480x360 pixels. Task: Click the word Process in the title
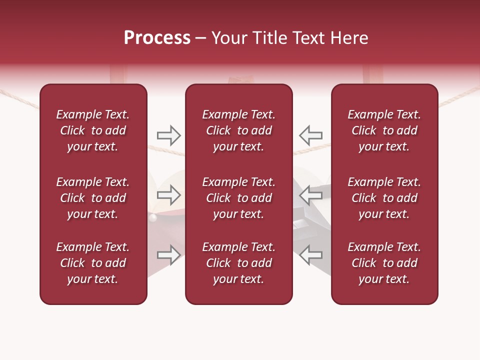[x=157, y=38]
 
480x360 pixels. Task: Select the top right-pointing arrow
[x=169, y=135]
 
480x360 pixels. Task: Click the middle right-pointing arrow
[x=169, y=195]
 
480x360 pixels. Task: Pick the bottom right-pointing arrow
[x=169, y=255]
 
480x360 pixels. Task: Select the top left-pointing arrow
[x=310, y=135]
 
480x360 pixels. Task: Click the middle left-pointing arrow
[x=310, y=195]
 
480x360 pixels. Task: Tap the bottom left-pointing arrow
[x=310, y=255]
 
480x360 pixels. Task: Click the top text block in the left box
[x=93, y=130]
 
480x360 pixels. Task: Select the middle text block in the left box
[x=93, y=198]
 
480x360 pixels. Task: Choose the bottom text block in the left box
[x=93, y=263]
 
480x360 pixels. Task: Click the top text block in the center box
[x=238, y=130]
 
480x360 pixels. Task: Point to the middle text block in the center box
[x=238, y=198]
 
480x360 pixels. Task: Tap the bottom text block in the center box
[x=238, y=263]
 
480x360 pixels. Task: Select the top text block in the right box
[x=384, y=130]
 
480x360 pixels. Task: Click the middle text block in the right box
[x=384, y=198]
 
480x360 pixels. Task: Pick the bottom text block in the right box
[x=384, y=263]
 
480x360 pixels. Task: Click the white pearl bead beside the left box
[x=153, y=217]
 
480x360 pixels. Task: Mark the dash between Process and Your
[x=201, y=38]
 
